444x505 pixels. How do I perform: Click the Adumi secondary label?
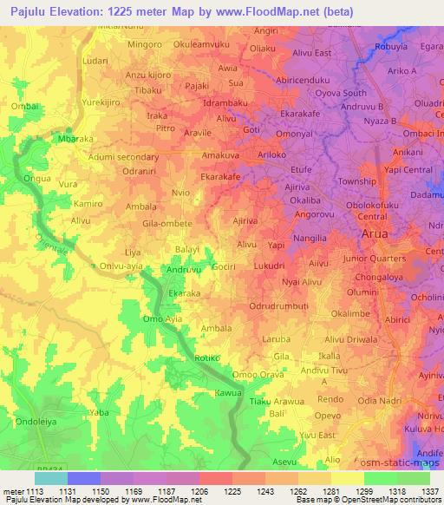pyautogui.click(x=125, y=157)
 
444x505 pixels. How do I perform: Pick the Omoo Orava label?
pyautogui.click(x=258, y=374)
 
